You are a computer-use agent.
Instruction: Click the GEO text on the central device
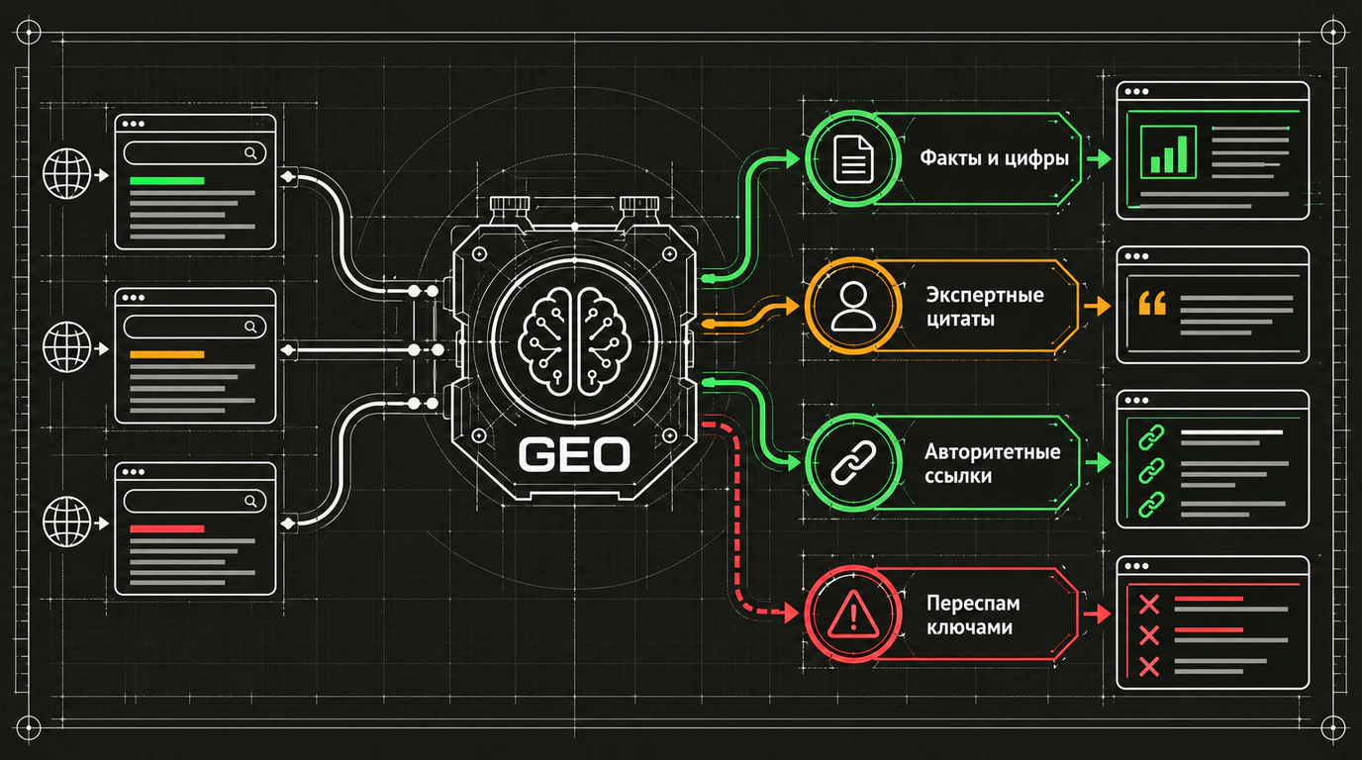[574, 455]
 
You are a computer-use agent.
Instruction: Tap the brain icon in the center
[574, 341]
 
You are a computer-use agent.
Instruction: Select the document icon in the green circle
[853, 158]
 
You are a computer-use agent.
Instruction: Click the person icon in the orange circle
[853, 306]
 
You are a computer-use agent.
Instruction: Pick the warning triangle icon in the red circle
[853, 614]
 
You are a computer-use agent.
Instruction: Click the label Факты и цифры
[994, 158]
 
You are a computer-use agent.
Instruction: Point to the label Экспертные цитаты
[985, 307]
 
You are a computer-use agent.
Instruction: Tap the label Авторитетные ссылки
[993, 463]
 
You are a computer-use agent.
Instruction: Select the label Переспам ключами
[973, 615]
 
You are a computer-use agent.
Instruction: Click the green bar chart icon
[1168, 152]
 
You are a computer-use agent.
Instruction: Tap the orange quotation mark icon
[1152, 303]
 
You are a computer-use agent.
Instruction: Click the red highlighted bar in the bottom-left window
[167, 529]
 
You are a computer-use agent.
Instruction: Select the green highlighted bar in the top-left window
[167, 180]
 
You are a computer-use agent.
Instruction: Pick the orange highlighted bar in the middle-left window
[167, 354]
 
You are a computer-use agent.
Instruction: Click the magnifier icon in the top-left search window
[250, 153]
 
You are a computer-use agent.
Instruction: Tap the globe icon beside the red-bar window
[67, 522]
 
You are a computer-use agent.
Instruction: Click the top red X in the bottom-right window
[1148, 605]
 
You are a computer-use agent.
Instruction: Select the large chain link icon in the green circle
[853, 463]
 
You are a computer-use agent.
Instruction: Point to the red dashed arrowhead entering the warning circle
[792, 613]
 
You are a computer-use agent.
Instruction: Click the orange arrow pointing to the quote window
[1097, 306]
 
